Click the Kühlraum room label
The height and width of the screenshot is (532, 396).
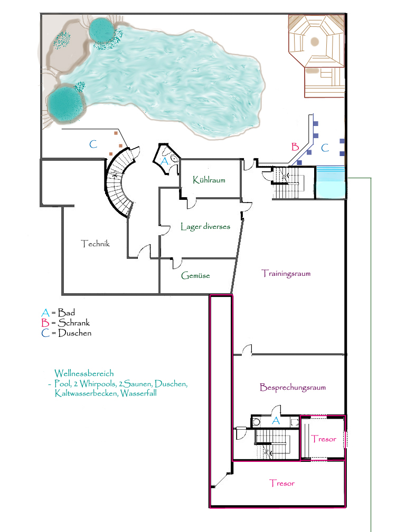[x=209, y=179]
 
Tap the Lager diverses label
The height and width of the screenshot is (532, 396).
[x=205, y=226]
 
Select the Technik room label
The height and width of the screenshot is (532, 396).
[x=96, y=243]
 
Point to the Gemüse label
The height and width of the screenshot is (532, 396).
[x=195, y=275]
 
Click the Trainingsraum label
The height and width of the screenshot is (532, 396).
[x=286, y=273]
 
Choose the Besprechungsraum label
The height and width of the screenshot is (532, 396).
[x=293, y=387]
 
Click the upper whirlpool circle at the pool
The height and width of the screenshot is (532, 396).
[x=101, y=30]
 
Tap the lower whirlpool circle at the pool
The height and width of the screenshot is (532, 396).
[x=65, y=103]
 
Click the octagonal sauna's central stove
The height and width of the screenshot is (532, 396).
[x=315, y=42]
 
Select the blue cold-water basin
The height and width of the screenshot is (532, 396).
[x=330, y=182]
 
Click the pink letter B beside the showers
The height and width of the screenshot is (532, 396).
[x=295, y=147]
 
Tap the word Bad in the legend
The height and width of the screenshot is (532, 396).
[x=66, y=312]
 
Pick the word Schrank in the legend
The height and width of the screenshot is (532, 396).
[x=74, y=322]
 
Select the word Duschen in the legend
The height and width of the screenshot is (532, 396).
[x=75, y=333]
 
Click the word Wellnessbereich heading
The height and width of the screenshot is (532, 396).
[x=84, y=373]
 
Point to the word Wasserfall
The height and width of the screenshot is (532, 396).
[x=138, y=393]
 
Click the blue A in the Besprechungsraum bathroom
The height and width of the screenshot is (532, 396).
[x=276, y=421]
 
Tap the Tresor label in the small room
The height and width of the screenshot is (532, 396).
[x=324, y=439]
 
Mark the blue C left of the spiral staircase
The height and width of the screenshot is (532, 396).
[x=93, y=144]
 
